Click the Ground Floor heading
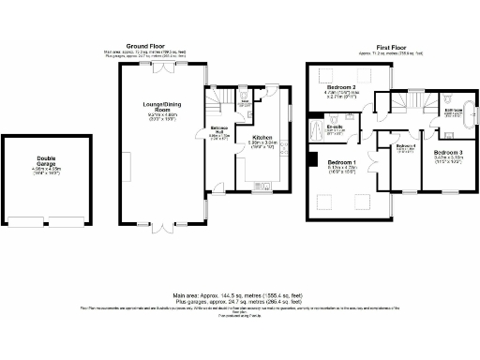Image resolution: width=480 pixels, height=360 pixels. pos(153,45)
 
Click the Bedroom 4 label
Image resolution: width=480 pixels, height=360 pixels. pos(405,146)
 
